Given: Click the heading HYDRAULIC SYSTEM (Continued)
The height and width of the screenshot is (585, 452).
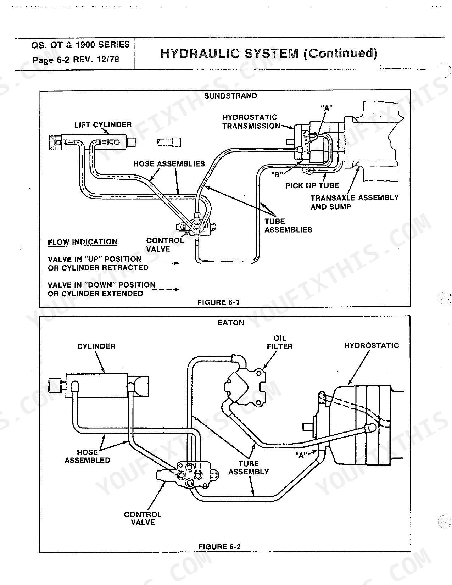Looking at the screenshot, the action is coord(269,53).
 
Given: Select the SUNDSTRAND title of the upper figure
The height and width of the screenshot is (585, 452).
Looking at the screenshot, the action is coord(230,96).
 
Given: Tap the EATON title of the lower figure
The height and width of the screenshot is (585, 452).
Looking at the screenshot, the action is coord(231,323).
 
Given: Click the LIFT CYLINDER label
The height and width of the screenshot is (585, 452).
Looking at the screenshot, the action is coord(103,125).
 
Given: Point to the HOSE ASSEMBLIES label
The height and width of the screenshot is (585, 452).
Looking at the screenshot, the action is coord(169,164).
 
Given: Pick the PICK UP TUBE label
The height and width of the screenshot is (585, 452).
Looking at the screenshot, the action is coord(312,185).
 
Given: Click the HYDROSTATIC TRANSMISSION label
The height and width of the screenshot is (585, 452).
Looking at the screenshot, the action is coord(251,122).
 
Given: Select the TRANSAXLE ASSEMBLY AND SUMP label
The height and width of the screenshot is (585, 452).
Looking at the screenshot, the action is coord(355,202).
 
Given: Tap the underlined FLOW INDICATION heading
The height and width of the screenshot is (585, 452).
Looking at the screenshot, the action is coord(83,242).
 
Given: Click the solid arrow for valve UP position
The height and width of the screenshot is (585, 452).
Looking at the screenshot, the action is coord(164,263).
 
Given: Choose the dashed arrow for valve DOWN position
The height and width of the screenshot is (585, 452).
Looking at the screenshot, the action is coord(165,289).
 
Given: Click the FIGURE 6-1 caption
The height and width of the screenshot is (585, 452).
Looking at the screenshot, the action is coord(218,302).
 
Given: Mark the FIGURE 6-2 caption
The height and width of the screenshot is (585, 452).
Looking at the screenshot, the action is coord(219,547).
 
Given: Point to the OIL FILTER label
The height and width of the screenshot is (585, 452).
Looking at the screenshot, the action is coord(280,342).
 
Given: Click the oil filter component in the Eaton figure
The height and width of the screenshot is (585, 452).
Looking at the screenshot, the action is coord(245,388).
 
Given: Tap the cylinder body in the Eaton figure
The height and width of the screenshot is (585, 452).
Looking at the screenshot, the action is coord(97,385).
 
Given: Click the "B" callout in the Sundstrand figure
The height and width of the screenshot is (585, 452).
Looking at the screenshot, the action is coord(277,175).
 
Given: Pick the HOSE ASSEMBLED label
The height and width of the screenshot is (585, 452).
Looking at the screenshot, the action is coord(87,456).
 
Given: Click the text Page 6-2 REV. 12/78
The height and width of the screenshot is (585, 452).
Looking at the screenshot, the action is coord(76,60).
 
